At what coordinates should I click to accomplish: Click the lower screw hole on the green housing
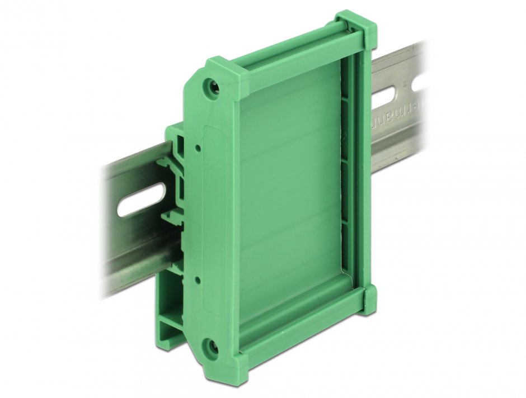pos(212,347)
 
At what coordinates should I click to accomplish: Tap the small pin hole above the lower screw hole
pos(198,277)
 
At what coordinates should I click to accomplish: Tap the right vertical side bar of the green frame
pos(358,168)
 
